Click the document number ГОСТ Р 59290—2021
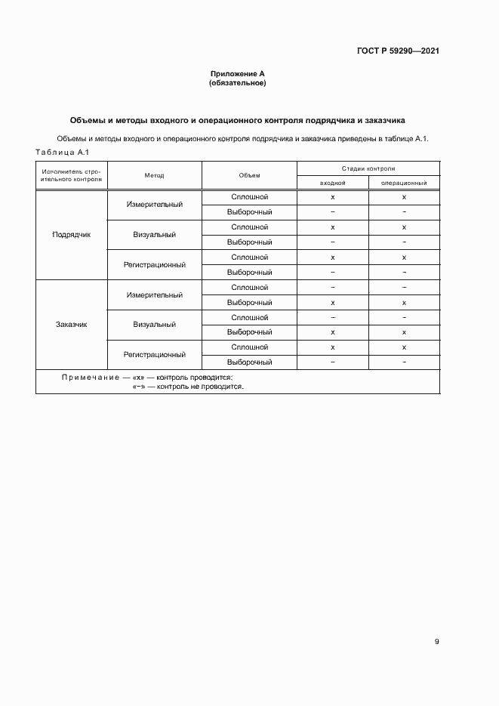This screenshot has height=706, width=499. [x=398, y=51]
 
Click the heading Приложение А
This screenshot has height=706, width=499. [x=237, y=74]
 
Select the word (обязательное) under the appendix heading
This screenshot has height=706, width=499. [x=237, y=83]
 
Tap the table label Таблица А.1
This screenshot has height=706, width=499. [x=63, y=152]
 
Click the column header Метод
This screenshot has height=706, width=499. [x=155, y=175]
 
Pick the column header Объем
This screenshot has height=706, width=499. [x=249, y=175]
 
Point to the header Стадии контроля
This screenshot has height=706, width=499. [x=368, y=168]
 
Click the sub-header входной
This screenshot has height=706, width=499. [x=332, y=183]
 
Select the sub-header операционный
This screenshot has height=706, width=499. [x=404, y=183]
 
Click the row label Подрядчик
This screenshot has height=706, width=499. [x=71, y=235]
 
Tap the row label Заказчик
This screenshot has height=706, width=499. [x=71, y=325]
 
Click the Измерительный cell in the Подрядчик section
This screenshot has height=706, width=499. [x=155, y=205]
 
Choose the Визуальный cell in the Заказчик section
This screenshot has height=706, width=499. [x=155, y=325]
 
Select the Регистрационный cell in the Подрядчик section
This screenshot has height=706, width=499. [x=155, y=264]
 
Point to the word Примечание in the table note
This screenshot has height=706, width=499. [x=91, y=377]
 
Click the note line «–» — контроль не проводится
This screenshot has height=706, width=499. [x=188, y=386]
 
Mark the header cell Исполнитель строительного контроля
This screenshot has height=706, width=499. [x=71, y=175]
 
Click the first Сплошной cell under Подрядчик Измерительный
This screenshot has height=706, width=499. [x=249, y=197]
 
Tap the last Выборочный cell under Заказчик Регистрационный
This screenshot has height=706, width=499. [x=249, y=362]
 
